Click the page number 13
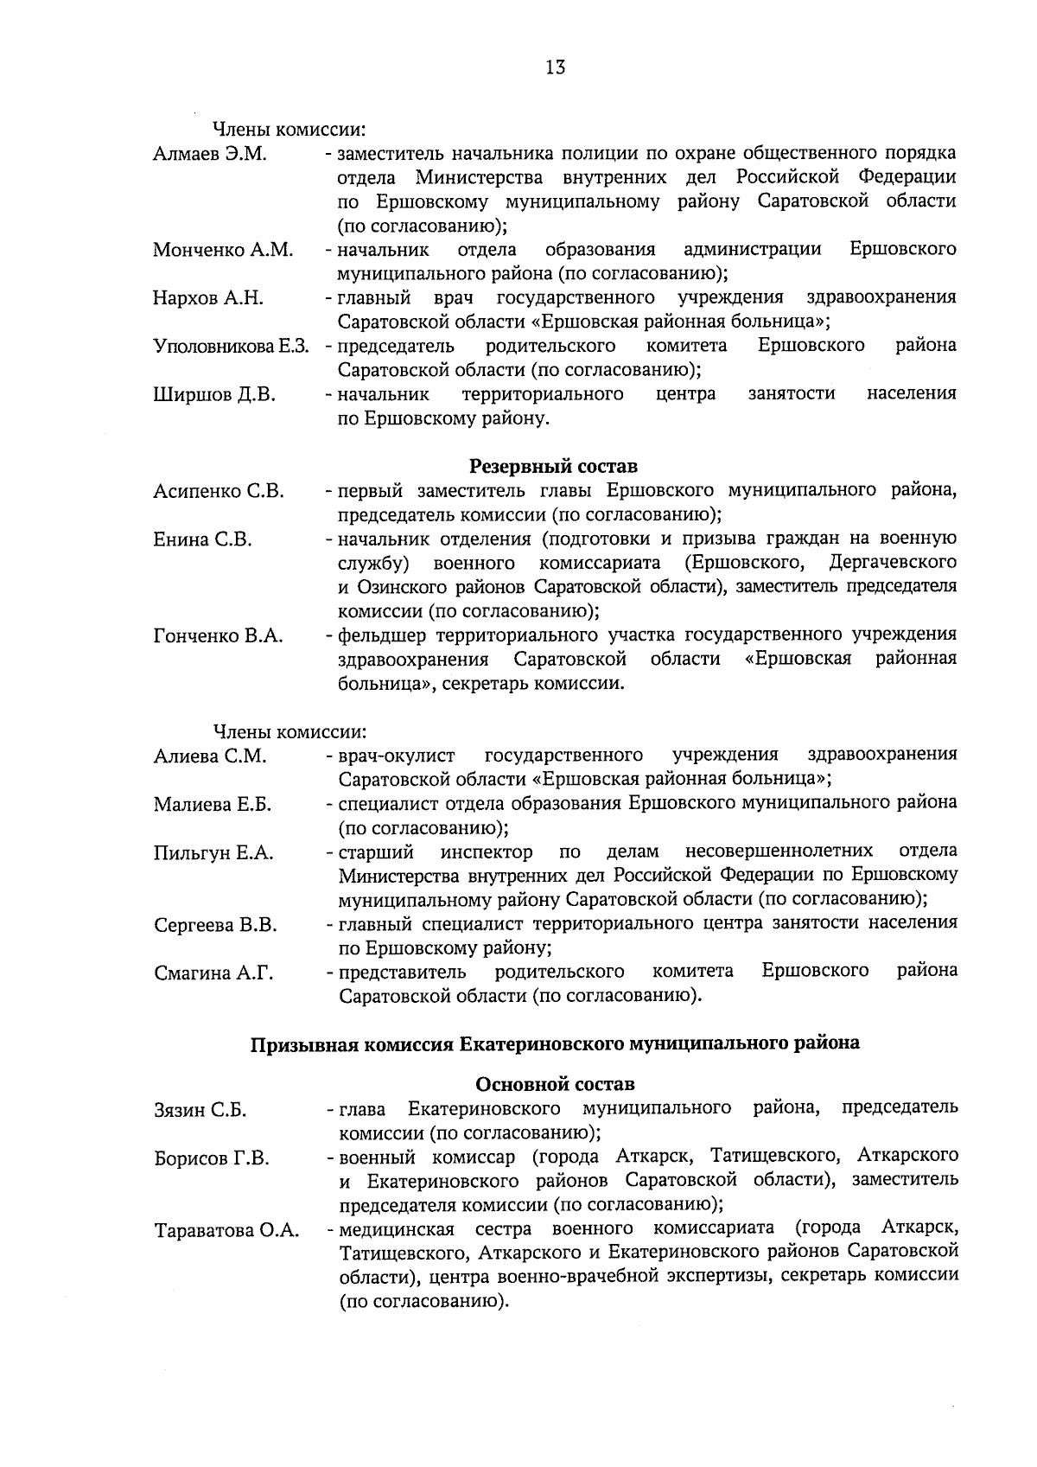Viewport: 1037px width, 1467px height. pos(556,67)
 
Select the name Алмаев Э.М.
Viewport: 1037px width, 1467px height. pos(210,155)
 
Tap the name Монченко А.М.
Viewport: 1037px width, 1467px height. pos(223,251)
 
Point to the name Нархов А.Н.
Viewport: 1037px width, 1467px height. pos(208,299)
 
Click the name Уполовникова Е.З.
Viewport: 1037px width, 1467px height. pos(232,347)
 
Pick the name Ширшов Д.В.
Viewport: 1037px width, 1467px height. pos(214,395)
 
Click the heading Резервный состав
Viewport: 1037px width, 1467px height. pos(553,467)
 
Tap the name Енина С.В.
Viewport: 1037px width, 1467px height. pos(203,540)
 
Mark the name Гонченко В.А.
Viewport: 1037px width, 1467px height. pos(219,637)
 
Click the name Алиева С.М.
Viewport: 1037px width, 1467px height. pos(210,756)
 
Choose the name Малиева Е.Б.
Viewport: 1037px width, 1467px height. pos(213,805)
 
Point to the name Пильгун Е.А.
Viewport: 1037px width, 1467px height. pos(213,853)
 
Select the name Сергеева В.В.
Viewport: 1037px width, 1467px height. pos(216,926)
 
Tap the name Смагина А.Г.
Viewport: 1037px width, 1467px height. pos(213,973)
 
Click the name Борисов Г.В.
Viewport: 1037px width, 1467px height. pos(212,1158)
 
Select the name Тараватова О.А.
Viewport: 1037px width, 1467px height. pos(226,1231)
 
